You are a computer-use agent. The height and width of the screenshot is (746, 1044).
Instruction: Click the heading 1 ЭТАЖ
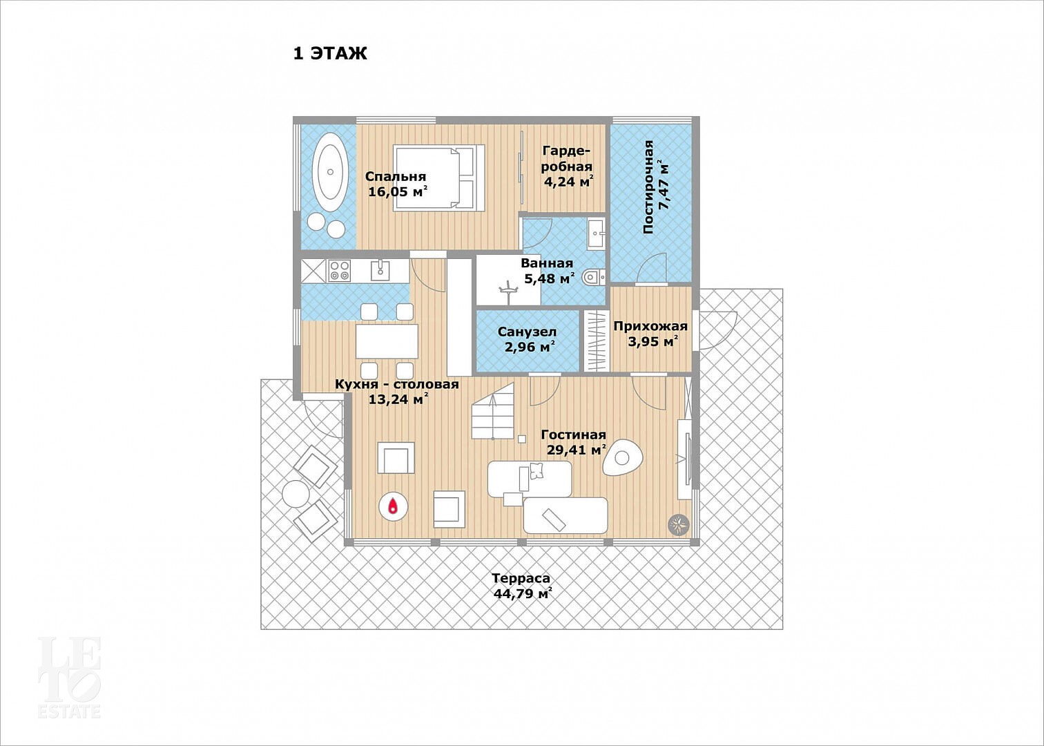pos(330,53)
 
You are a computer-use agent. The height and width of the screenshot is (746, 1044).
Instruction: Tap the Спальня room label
pos(396,176)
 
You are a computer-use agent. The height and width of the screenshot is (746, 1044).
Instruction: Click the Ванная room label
pos(547,263)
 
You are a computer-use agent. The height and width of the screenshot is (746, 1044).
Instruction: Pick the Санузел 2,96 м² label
pos(528,339)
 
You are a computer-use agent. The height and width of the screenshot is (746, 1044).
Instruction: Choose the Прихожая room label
pos(650,326)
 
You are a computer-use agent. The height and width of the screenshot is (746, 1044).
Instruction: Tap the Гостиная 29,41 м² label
pos(574,442)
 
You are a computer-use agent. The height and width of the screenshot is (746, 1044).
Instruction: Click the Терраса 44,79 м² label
pos(522,586)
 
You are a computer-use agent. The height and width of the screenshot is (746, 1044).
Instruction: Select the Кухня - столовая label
pos(397,384)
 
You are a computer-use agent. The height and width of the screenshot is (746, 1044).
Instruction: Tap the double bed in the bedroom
pos(438,178)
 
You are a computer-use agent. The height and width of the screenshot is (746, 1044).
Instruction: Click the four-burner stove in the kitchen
pos(339,271)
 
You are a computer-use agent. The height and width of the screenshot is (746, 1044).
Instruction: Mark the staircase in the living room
pos(493,411)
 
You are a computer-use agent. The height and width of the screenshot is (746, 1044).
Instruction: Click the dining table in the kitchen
pos(387,341)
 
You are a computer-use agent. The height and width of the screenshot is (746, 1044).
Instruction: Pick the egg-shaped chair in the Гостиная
pos(623,458)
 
